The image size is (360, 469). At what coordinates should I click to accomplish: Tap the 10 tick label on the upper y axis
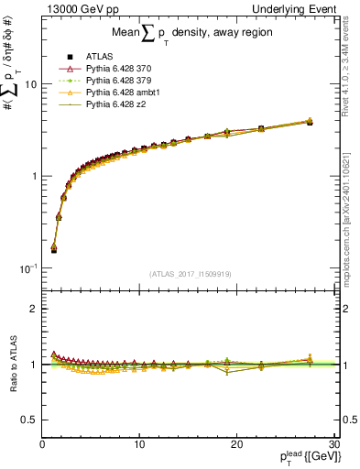[30, 84]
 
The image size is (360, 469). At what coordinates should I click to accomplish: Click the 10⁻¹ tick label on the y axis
[28, 268]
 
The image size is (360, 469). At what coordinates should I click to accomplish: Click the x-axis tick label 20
[235, 444]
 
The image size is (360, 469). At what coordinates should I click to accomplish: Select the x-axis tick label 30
[333, 444]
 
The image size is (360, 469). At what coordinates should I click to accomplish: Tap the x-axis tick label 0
[42, 444]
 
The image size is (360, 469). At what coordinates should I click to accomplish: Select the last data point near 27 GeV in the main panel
[310, 121]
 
